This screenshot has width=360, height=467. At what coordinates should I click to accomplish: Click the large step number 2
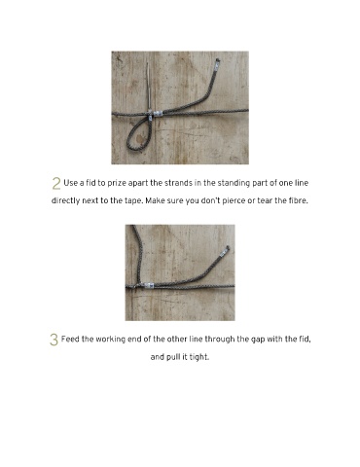[x=56, y=183]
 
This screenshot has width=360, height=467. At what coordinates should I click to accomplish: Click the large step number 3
[x=54, y=340]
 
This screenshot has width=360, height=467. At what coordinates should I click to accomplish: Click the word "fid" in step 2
[x=90, y=183]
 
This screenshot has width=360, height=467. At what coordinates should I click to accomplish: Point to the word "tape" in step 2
[x=133, y=201]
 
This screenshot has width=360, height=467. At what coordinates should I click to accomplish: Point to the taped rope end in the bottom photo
[x=225, y=252]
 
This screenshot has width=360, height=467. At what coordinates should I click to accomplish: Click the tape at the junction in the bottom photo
[x=148, y=285]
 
